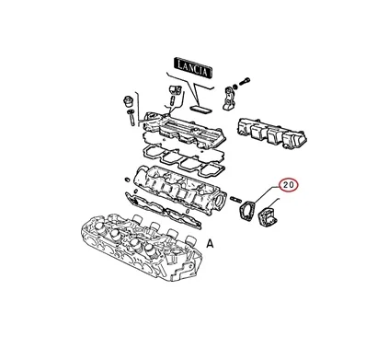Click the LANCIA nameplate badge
[x=193, y=67]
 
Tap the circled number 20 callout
[x=288, y=185]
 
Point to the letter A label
[x=210, y=244]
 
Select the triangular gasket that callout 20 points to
[x=247, y=211]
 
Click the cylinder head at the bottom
[x=141, y=247]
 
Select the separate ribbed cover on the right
[x=272, y=134]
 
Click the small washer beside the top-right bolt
[x=235, y=86]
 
